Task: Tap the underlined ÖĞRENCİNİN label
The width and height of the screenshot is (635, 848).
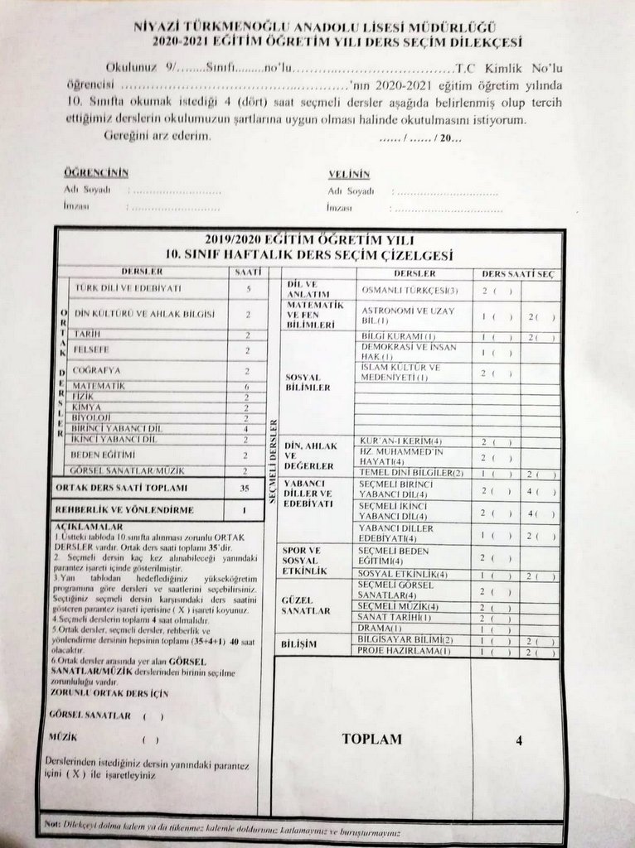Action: point(96,173)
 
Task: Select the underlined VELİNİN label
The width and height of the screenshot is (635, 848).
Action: point(348,174)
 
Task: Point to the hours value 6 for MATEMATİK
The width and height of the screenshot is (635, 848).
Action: point(247,386)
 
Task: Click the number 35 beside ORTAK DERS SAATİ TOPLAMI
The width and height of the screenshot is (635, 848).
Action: point(245,489)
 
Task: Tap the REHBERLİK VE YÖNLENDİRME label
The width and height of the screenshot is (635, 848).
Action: point(124,510)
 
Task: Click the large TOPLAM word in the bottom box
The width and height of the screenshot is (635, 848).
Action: point(371,739)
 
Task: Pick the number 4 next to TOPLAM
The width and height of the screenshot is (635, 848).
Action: point(519,741)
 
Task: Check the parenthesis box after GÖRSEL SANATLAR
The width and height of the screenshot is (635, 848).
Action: point(153,715)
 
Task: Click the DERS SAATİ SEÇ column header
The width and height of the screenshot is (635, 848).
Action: point(517,273)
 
